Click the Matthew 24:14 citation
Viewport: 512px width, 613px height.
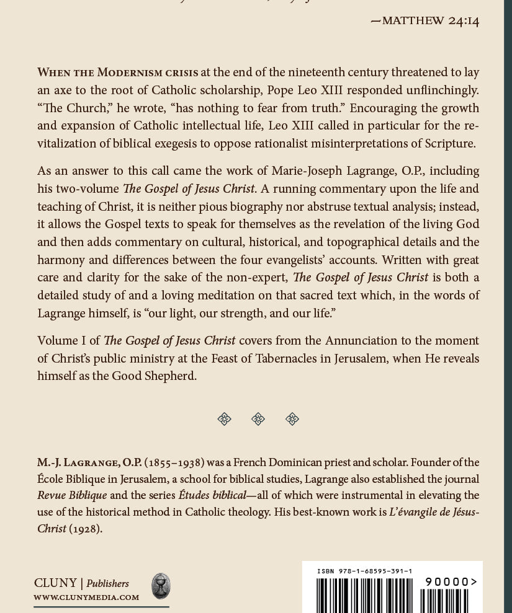coord(425,20)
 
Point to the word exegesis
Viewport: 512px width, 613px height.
coord(202,144)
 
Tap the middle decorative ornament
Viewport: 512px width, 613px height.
coord(258,419)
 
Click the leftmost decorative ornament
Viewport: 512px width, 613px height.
coord(225,419)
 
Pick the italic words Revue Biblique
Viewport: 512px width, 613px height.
coord(72,495)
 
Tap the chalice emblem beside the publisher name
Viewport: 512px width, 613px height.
coord(161,586)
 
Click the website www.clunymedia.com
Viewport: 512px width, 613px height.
coord(86,598)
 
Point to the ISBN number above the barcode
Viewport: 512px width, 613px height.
coord(364,571)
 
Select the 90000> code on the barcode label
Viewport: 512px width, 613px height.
coord(451,582)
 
